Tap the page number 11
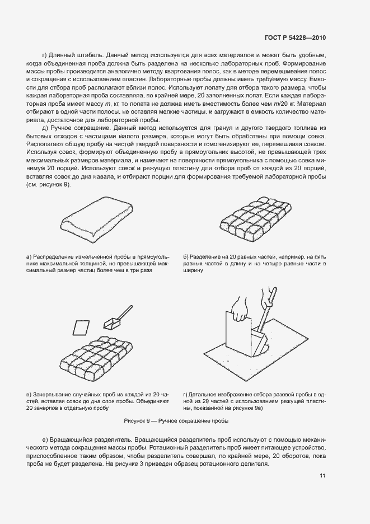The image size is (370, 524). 323,476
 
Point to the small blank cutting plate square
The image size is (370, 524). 82,327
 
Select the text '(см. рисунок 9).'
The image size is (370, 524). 49,184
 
